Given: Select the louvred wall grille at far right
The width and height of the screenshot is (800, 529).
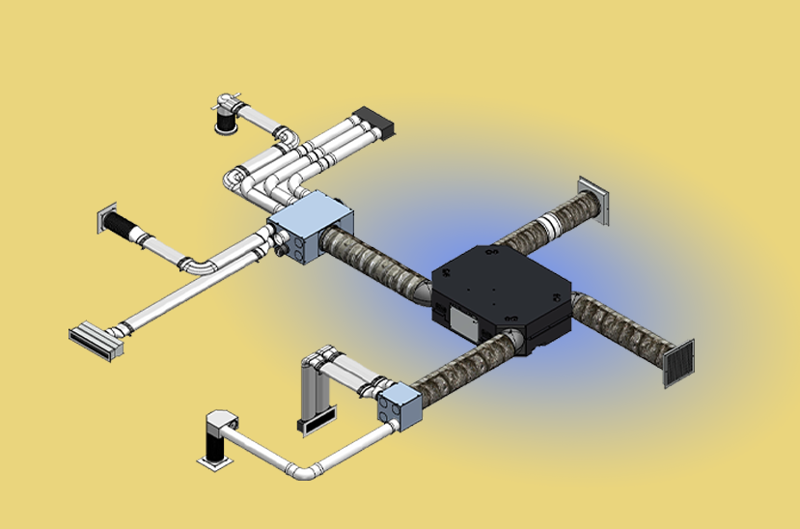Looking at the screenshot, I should [x=678, y=361].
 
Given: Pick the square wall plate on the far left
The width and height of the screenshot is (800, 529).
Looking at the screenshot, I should [x=105, y=220].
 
